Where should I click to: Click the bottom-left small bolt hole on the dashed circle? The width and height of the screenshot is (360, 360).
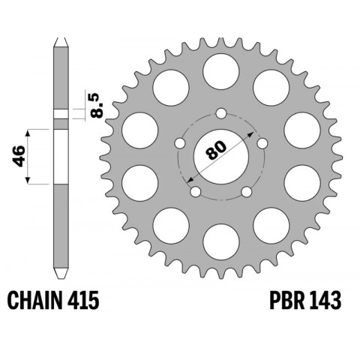(196, 193)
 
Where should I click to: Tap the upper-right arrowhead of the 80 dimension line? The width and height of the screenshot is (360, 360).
(241, 131)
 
